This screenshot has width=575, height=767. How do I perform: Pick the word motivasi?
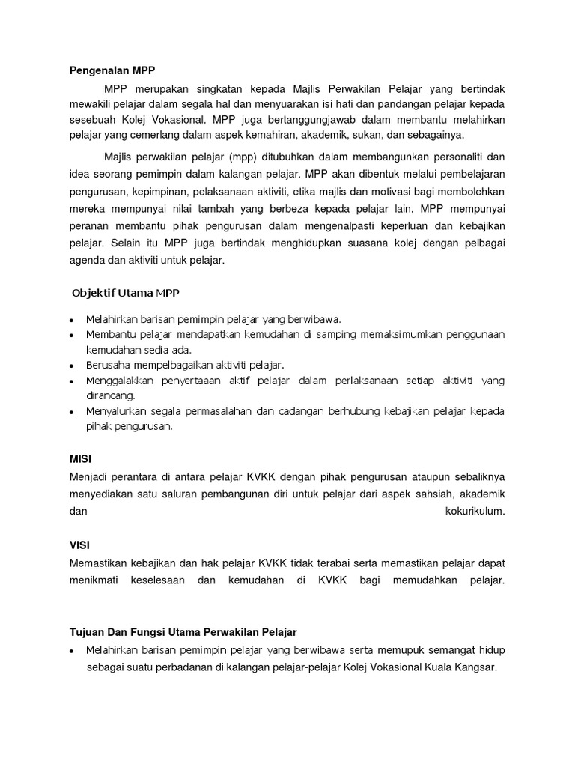tap(400, 191)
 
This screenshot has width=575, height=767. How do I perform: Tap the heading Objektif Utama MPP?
tap(126, 292)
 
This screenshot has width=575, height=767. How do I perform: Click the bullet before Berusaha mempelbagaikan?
tap(71, 366)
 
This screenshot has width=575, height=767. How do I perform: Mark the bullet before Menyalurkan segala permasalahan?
tap(71, 413)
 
